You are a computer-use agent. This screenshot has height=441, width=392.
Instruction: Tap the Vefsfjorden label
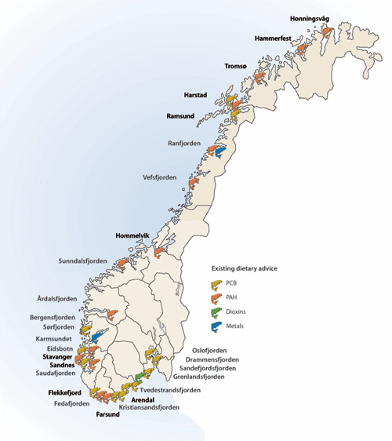click(159, 177)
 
